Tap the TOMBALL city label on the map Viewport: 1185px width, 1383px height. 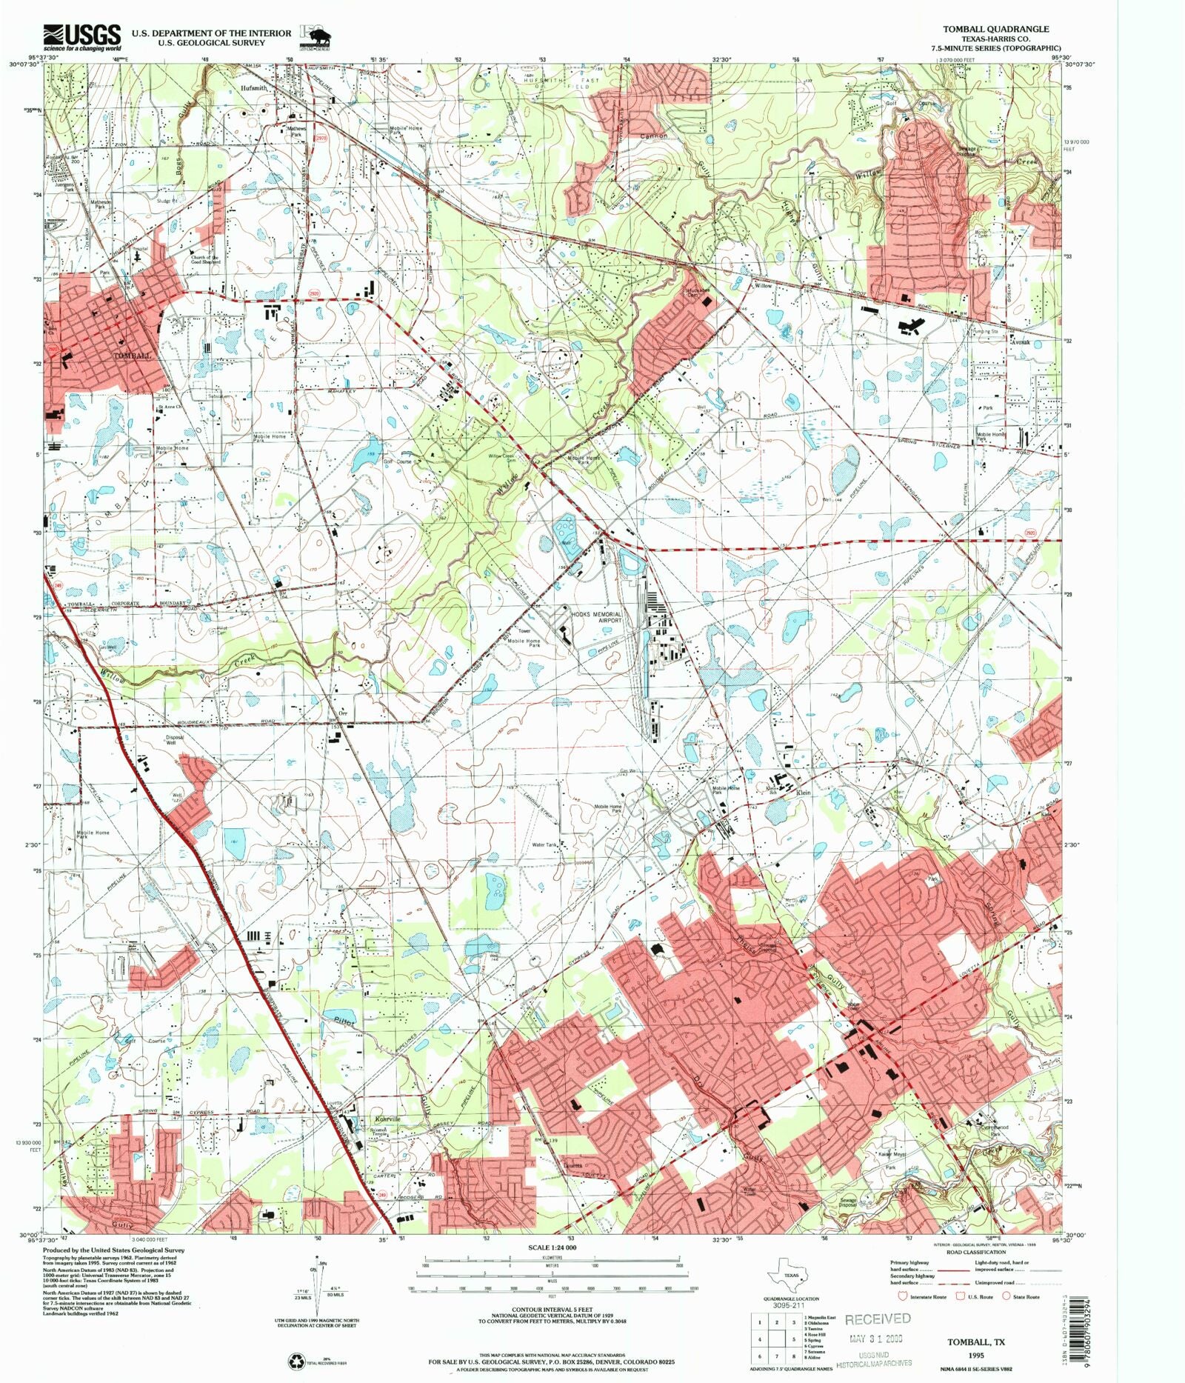pyautogui.click(x=133, y=356)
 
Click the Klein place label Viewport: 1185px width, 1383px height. pyautogui.click(x=804, y=793)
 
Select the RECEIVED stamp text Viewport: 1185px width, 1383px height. pyautogui.click(x=878, y=1319)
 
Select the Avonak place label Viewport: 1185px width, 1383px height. pyautogui.click(x=1021, y=342)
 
